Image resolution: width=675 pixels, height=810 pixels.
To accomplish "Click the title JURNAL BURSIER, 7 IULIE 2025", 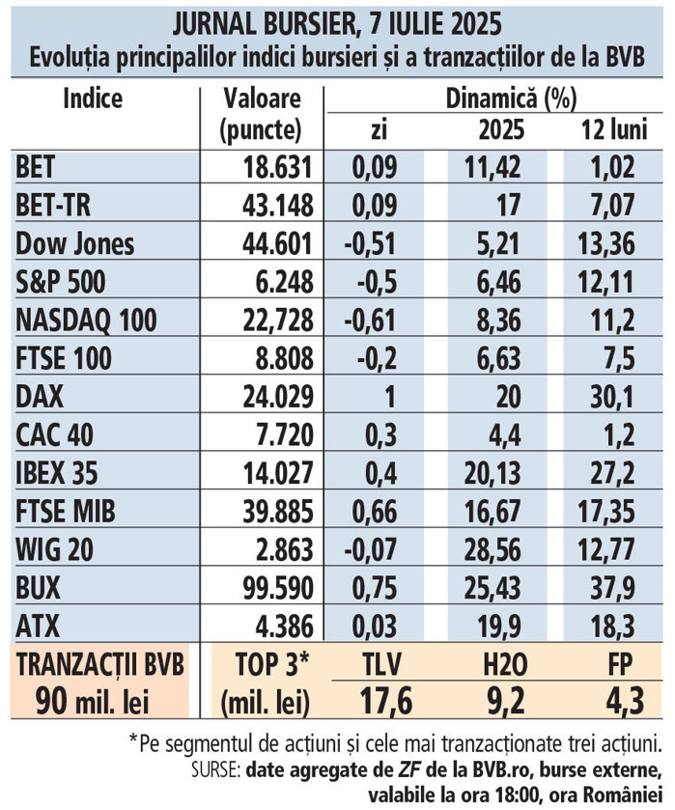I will (337, 20).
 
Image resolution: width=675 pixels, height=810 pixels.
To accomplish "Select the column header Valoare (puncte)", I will (261, 114).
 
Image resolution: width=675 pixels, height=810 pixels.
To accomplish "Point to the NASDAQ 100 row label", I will (86, 320).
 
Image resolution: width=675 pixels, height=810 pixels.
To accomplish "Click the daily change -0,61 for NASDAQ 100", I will (372, 320).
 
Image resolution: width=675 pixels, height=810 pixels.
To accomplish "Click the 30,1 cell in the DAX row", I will (613, 395).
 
